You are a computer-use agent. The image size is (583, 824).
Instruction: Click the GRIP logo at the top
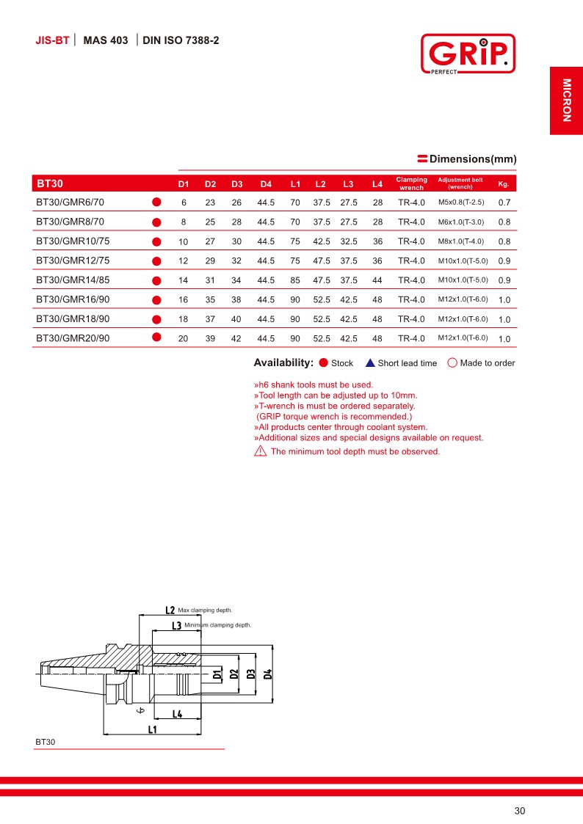tap(467, 54)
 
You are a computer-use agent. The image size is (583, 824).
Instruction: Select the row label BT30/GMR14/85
tap(73, 280)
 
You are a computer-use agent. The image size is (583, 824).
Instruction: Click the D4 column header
tap(266, 183)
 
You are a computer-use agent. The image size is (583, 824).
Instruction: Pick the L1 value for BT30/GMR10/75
tap(295, 241)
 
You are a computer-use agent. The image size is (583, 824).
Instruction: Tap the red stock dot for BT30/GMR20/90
tap(156, 338)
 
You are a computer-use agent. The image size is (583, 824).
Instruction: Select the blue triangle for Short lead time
tap(370, 362)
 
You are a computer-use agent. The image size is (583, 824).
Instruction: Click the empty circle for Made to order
tap(452, 362)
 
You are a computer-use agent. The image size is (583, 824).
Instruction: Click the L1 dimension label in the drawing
tap(153, 729)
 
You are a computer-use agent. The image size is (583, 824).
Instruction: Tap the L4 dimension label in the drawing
tap(178, 714)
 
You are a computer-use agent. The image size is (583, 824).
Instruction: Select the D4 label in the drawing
tap(268, 674)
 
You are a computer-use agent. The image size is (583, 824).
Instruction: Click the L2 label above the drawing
tap(170, 610)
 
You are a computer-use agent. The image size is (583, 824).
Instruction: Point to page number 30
tap(520, 811)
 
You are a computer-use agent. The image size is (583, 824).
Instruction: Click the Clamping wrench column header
tap(411, 183)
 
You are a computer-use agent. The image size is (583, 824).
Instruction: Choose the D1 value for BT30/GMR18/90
tap(184, 319)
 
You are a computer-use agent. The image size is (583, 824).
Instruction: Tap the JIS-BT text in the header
tap(52, 40)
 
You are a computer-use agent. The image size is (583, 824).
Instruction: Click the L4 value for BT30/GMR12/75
tap(377, 260)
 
